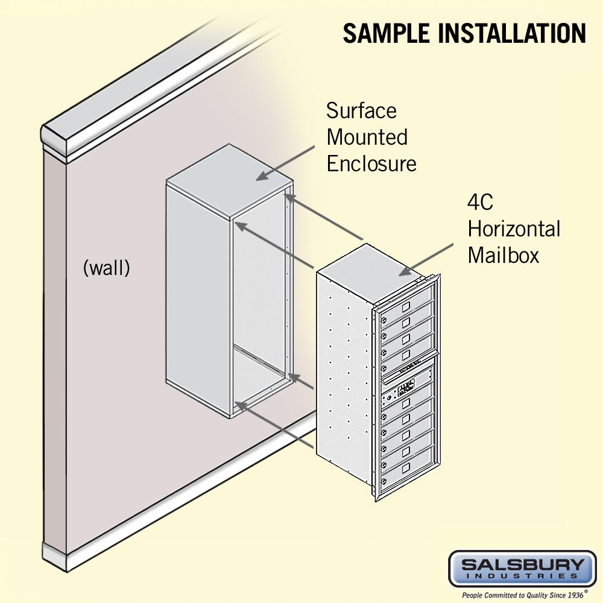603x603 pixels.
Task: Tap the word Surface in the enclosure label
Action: click(361, 111)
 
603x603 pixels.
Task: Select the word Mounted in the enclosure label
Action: click(367, 137)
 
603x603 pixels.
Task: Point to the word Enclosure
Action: click(371, 163)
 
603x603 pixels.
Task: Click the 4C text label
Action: click(480, 202)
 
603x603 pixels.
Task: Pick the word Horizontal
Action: click(514, 229)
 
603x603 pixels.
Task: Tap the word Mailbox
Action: click(503, 255)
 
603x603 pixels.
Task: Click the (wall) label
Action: click(106, 268)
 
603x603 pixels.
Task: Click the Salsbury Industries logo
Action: click(522, 569)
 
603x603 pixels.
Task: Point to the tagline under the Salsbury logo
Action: click(522, 595)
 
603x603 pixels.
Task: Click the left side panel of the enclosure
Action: click(197, 301)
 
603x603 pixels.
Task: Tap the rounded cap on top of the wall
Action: click(157, 84)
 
